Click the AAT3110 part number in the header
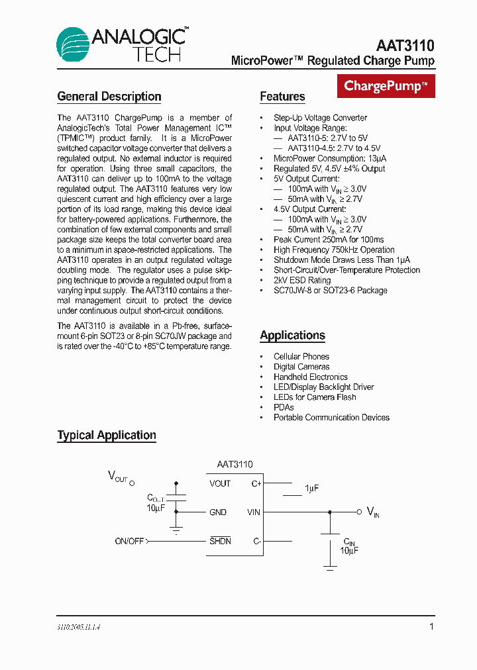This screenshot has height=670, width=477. click(x=405, y=46)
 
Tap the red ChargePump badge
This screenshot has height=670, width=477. click(x=386, y=86)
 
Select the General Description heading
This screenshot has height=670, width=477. click(x=109, y=97)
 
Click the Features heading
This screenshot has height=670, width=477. click(x=282, y=97)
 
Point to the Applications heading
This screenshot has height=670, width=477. click(x=292, y=335)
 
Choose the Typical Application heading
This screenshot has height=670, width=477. click(x=107, y=435)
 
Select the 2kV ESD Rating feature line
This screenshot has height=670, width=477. click(x=302, y=280)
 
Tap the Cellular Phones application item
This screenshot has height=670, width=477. click(x=301, y=357)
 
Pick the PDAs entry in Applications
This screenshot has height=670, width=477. click(x=284, y=407)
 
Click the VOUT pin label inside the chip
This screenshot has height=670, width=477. click(x=220, y=484)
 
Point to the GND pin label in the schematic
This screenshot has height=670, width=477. click(x=218, y=512)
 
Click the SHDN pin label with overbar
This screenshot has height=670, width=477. click(x=220, y=541)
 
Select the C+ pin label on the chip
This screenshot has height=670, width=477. click(x=256, y=484)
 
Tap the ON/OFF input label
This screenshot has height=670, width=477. click(x=129, y=542)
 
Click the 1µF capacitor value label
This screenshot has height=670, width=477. click(x=311, y=489)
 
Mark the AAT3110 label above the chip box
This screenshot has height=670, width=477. click(x=235, y=465)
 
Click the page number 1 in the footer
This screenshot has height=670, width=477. click(x=432, y=626)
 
